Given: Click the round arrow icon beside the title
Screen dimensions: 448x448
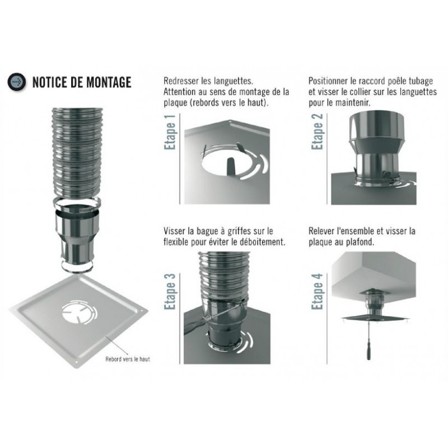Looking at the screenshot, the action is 17,82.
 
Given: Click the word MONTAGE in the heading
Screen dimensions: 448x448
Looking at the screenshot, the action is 109,82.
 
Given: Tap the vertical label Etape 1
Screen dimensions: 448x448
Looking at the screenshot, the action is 170,132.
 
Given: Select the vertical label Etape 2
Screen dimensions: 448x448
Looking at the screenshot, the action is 317,132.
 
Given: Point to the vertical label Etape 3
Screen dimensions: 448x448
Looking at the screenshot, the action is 170,291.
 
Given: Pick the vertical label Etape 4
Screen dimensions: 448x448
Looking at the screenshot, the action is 317,291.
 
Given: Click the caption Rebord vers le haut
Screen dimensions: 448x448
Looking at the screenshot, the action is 128,359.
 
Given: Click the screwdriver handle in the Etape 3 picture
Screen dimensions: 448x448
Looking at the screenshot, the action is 194,328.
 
